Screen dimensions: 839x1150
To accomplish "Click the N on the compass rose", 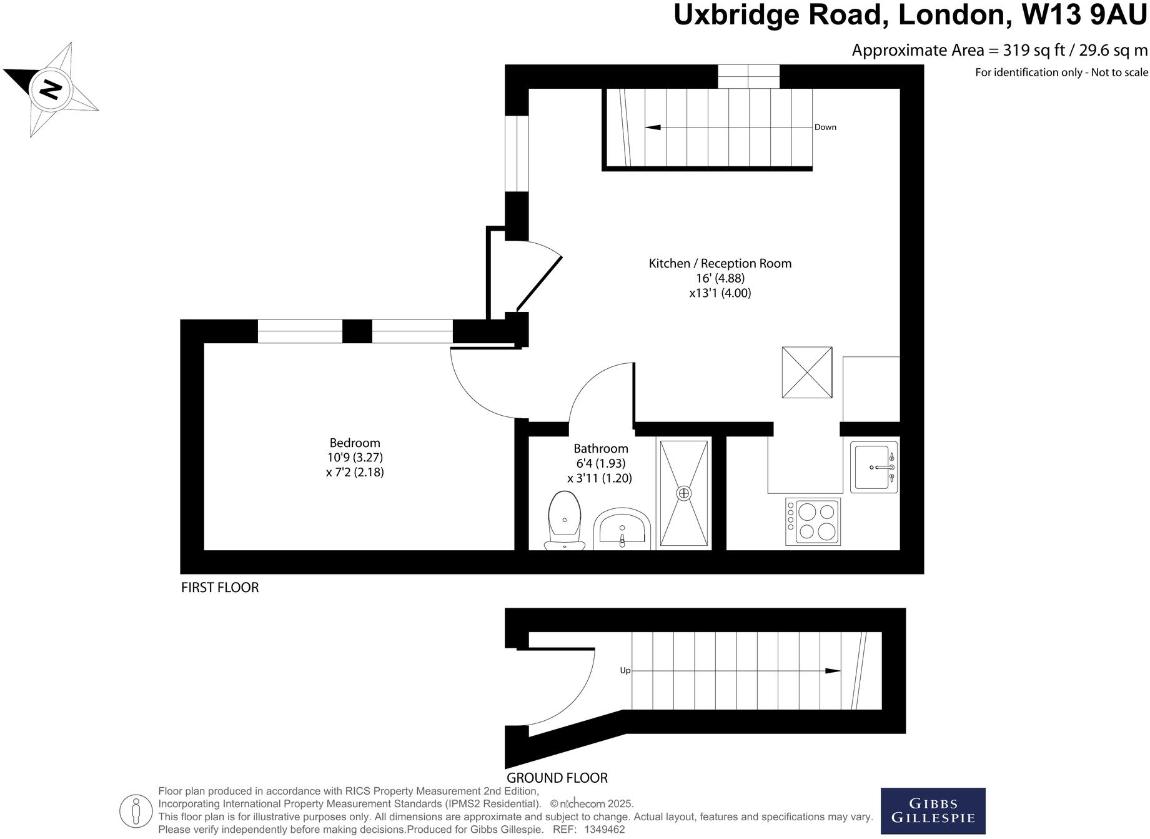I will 51,89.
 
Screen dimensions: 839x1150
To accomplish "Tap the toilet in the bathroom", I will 564,518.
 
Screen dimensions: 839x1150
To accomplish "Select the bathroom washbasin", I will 622,529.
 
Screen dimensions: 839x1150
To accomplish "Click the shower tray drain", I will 685,493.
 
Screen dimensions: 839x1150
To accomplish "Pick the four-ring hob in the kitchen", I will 813,521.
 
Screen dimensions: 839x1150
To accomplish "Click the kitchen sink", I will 873,468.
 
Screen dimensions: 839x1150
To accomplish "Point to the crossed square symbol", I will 807,373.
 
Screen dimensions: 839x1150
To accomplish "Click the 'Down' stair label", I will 825,127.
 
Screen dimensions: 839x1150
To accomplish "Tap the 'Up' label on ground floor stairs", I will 625,670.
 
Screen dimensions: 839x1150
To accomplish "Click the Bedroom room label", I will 355,443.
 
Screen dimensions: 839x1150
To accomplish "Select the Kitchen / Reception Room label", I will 720,263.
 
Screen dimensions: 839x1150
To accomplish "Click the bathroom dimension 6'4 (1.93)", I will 600,463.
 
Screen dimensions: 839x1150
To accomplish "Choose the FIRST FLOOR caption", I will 219,587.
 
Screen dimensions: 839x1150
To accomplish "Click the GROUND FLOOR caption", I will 557,778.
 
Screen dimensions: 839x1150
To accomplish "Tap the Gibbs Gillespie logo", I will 933,810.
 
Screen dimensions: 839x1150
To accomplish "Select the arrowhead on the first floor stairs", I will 653,128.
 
